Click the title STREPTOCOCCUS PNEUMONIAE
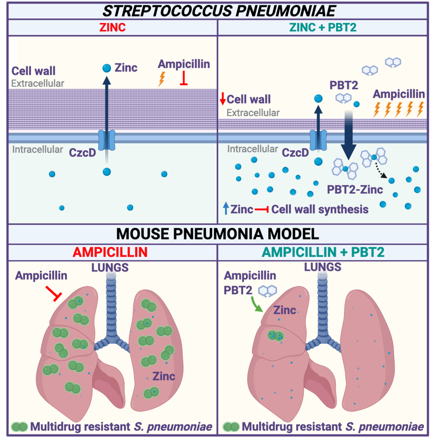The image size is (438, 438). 219,11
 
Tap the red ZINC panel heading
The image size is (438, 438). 112,27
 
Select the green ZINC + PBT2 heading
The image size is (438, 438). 323,27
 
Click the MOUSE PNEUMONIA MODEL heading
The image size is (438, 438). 218,234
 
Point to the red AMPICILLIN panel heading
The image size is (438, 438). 110,252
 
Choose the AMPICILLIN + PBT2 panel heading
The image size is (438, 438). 323,252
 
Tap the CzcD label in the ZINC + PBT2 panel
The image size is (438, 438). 295,153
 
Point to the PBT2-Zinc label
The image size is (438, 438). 355,189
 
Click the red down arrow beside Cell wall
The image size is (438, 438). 223,99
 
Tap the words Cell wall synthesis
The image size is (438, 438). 320,210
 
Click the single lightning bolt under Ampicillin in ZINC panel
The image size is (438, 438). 161,78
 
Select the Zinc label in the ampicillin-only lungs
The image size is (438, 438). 164,376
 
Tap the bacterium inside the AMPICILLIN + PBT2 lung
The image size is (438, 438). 276,335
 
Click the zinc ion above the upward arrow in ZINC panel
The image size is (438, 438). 107,68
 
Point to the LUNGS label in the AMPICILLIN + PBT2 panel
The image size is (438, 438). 323,267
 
